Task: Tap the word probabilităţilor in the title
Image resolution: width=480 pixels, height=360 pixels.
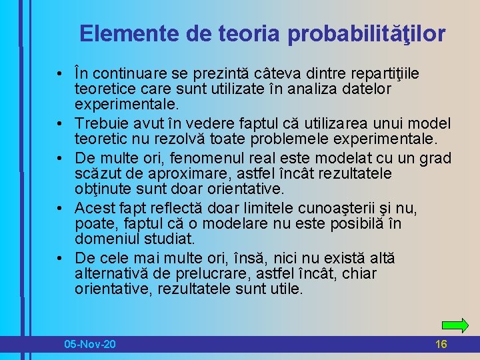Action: pyautogui.click(x=367, y=33)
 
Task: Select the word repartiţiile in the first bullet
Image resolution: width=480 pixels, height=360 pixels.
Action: pyautogui.click(x=393, y=73)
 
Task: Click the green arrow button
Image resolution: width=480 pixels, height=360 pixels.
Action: pyautogui.click(x=455, y=325)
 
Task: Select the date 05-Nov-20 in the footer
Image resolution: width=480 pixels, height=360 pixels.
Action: pyautogui.click(x=90, y=344)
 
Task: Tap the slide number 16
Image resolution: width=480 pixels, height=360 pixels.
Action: pyautogui.click(x=441, y=344)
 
